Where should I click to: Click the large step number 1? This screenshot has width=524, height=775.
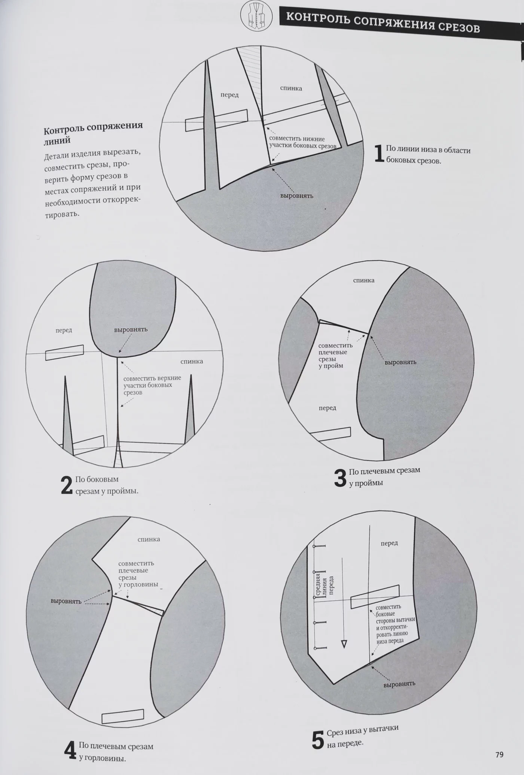pos(379,154)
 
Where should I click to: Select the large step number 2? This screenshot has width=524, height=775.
pos(67,485)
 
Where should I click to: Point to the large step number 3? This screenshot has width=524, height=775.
pos(340,478)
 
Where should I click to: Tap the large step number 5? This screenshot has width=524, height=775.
pos(318,740)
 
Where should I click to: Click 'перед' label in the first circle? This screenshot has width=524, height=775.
pos(229,95)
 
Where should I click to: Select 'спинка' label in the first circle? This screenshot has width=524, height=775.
pos(291,88)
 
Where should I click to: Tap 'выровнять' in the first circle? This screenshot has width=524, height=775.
pos(297,196)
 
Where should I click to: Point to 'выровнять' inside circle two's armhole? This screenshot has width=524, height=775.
pos(131,330)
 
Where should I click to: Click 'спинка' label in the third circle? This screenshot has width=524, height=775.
pos(363,280)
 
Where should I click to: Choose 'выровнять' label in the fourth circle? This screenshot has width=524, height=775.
pos(66,601)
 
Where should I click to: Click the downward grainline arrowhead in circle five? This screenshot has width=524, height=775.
pos(344,644)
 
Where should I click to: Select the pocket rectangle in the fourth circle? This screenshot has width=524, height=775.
pos(123,716)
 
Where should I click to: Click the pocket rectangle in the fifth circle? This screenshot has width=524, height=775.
pos(375,597)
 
